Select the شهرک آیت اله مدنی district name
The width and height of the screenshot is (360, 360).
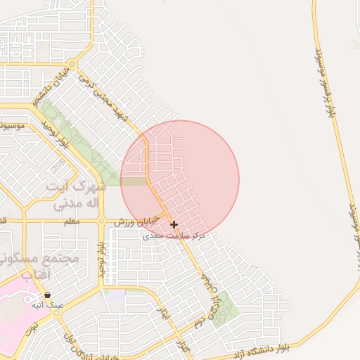pos(76,195)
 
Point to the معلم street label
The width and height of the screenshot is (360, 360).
pos(71,221)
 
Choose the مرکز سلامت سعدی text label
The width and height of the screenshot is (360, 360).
pos(174,236)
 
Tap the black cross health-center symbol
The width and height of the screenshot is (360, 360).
pos(174,224)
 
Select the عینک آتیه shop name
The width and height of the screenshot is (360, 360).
pos(47,306)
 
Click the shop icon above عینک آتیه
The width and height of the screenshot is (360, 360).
pos(47,295)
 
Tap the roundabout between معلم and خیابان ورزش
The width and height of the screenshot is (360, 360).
pos(101,221)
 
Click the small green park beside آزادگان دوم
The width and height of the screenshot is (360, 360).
pos(226,308)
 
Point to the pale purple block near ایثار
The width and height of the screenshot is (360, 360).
pos(115,297)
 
